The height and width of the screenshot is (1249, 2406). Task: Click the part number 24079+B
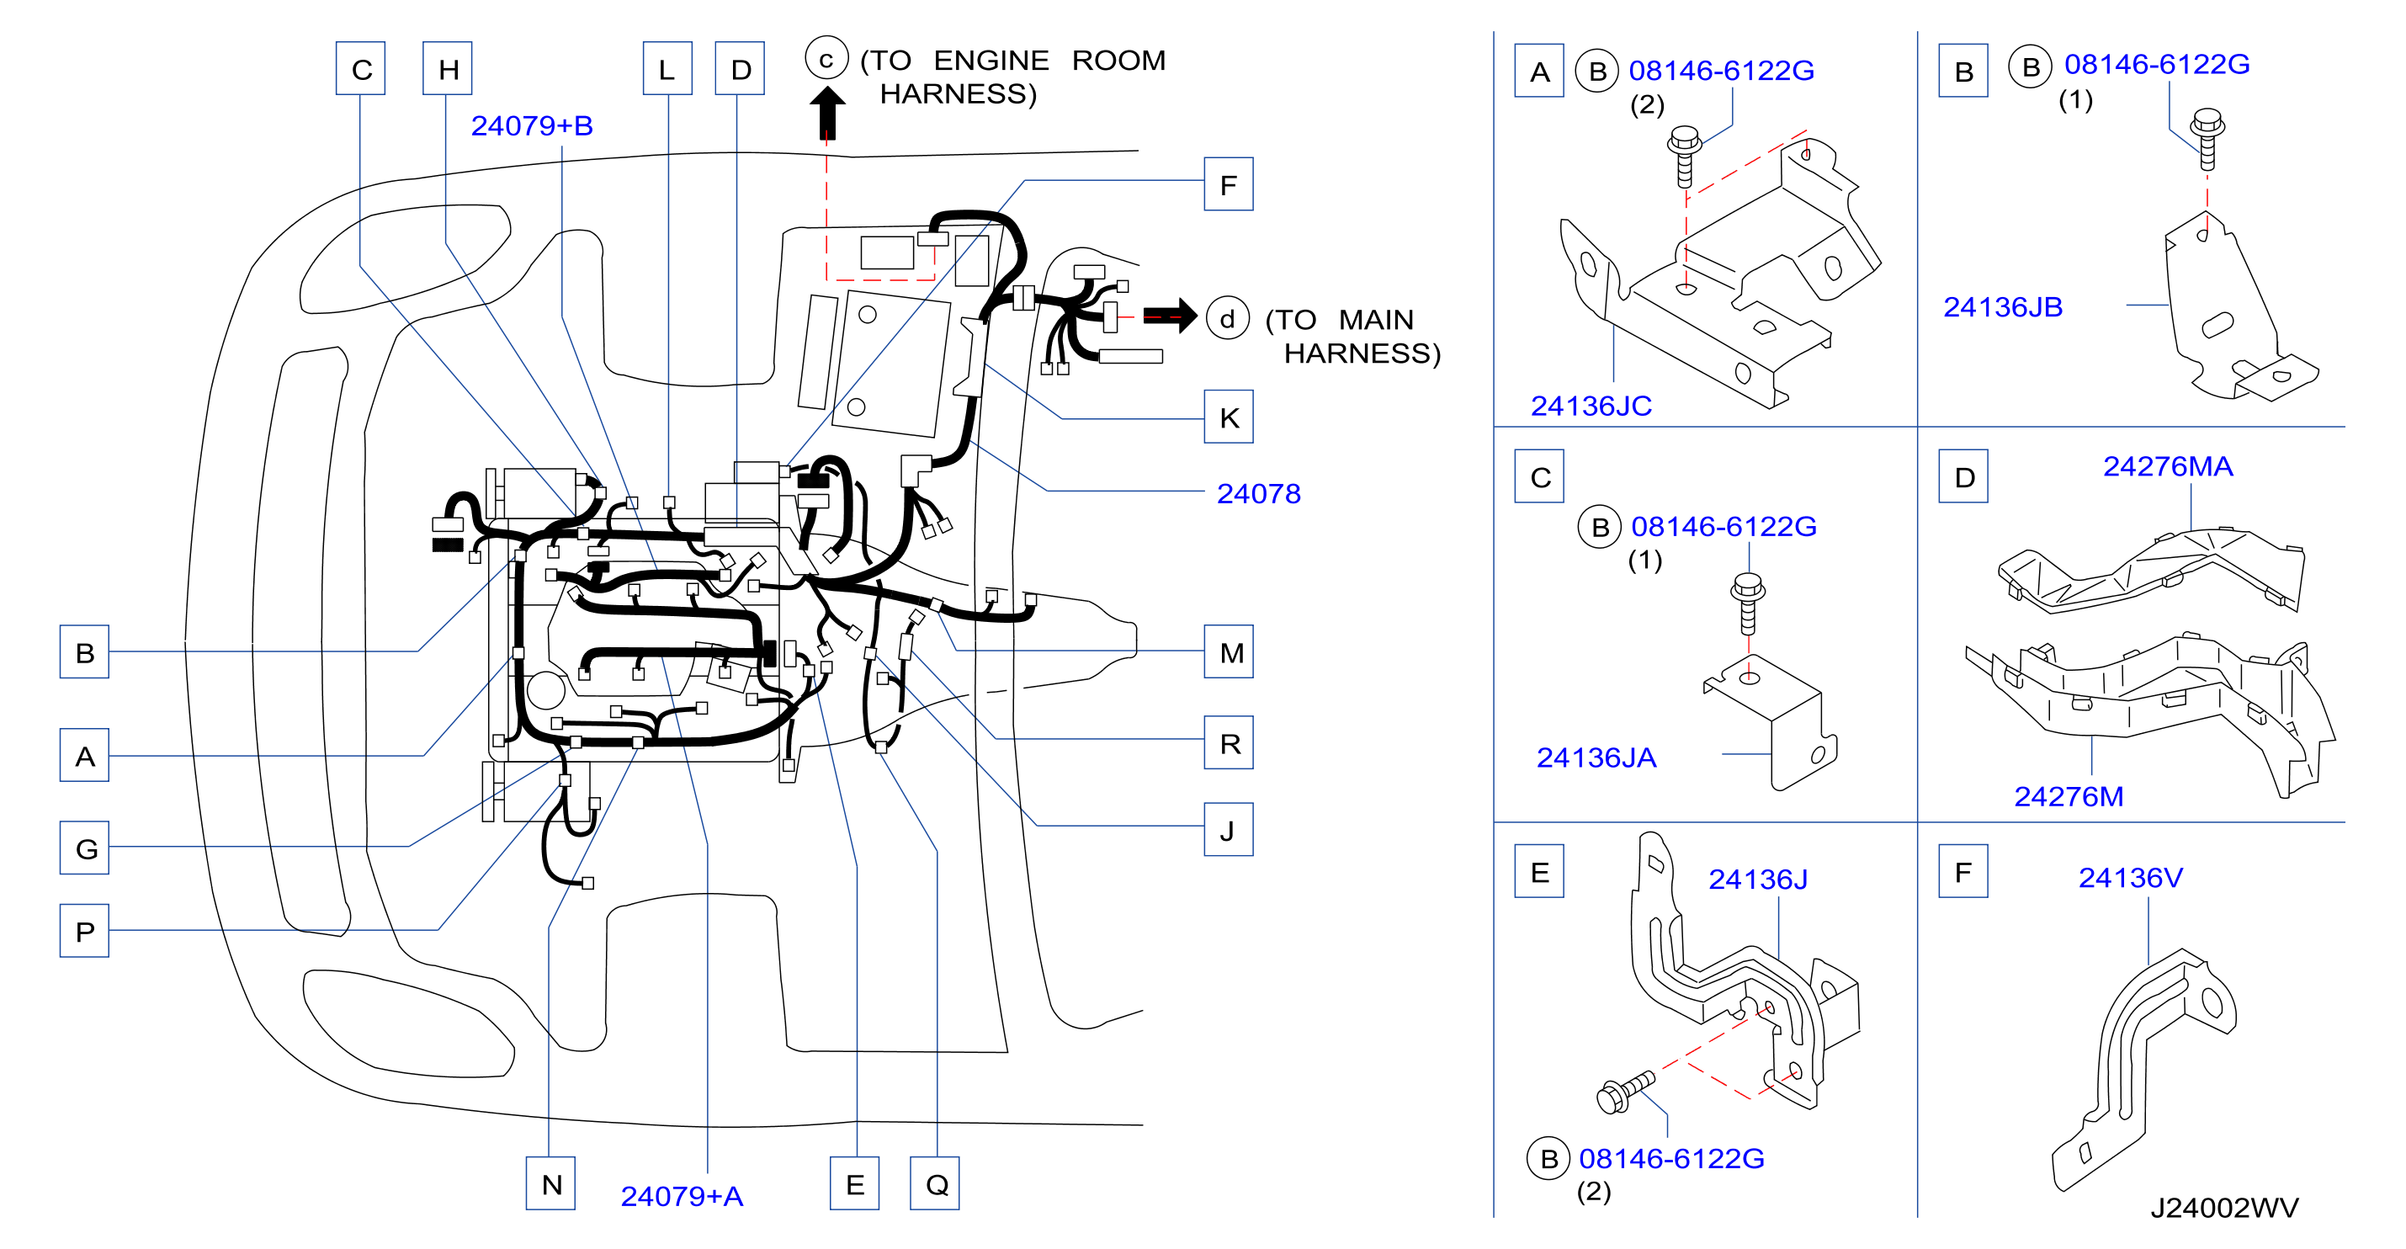coord(532,125)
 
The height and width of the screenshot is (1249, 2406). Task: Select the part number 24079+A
coord(682,1196)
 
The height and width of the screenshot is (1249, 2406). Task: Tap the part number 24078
coord(1258,493)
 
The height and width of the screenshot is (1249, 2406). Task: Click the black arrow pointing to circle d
coord(1170,316)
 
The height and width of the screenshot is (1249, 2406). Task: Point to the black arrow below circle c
coord(826,113)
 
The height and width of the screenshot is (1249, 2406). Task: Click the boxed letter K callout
coord(1228,417)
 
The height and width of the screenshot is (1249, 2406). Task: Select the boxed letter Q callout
coord(935,1183)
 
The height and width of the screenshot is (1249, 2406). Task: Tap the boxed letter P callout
coord(84,931)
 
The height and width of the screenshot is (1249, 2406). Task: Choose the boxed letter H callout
coord(448,68)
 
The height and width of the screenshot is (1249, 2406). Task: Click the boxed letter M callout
coord(1228,651)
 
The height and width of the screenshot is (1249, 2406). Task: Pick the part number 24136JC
coord(1591,406)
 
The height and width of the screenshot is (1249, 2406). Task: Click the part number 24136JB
coord(2003,306)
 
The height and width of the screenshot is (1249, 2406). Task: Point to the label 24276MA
coord(2168,465)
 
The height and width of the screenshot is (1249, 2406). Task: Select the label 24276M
coord(2068,796)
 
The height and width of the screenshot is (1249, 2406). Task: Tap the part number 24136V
coord(2131,877)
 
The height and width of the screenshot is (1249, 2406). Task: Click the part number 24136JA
coord(1596,757)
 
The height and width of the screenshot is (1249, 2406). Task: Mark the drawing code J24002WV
coord(2224,1208)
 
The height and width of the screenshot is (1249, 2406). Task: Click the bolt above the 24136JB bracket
coord(2207,139)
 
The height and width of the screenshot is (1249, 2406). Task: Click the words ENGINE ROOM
coord(1049,60)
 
